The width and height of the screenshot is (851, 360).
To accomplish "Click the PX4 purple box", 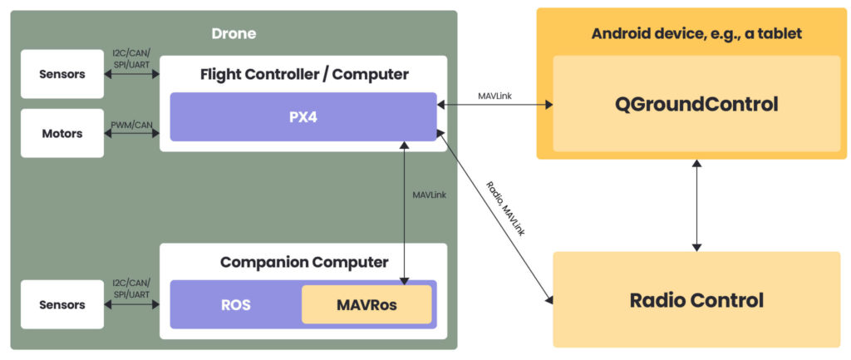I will [x=303, y=117].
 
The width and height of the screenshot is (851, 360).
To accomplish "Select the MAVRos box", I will [x=366, y=305].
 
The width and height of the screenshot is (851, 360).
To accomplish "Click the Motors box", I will [x=62, y=133].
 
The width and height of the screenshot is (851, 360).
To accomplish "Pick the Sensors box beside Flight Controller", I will [x=62, y=74].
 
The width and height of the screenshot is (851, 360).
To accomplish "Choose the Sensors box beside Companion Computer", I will [x=62, y=304].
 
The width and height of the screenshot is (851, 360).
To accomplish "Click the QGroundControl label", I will [x=696, y=105].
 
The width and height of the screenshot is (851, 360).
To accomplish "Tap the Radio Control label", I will [x=696, y=300].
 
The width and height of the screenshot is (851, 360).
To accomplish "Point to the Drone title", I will [x=234, y=34].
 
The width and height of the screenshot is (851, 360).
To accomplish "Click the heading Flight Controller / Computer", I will [x=303, y=75].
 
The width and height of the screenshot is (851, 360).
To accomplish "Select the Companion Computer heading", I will [x=303, y=263].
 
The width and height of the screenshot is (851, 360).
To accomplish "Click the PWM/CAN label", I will [x=131, y=125].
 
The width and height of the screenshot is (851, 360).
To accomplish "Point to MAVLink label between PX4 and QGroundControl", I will [x=494, y=96].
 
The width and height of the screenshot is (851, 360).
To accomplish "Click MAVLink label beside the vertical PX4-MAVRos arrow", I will [x=430, y=195].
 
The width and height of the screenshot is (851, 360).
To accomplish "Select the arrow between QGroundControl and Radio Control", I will [x=696, y=205].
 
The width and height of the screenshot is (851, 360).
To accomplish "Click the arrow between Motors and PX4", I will [x=131, y=133].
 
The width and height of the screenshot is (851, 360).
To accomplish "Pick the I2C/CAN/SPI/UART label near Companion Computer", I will [x=131, y=289].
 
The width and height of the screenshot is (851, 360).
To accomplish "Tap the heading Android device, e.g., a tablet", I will [x=696, y=34].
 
